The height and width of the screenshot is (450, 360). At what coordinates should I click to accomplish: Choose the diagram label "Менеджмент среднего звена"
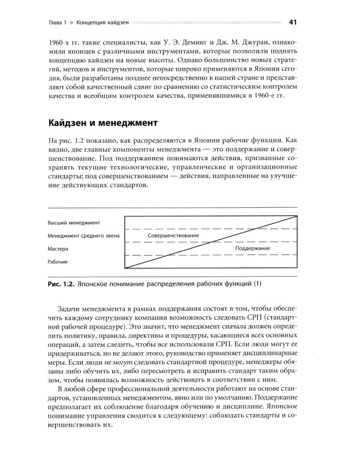(x=84, y=236)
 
